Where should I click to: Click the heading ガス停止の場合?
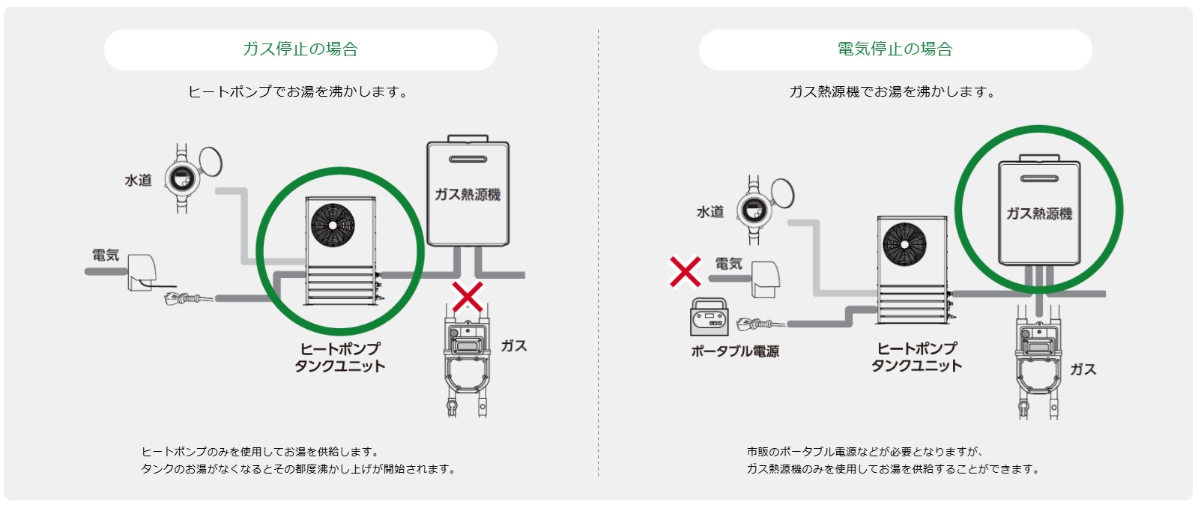pos(300,49)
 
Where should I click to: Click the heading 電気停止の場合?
pos(895,49)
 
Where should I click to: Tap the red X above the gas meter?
pos(468,297)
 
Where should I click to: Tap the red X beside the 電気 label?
pos(685,272)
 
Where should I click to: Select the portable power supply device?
pos(709,318)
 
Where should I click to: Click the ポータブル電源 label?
pos(734,351)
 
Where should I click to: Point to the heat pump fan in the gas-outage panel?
pos(333,225)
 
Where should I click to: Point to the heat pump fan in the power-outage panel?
pos(904,244)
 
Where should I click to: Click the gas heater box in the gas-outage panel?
pos(468,193)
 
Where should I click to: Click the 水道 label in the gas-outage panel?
pos(138,181)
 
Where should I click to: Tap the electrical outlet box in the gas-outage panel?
pos(142,273)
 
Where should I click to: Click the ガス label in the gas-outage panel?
pos(513,346)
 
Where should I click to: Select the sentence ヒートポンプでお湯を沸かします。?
pos(298,92)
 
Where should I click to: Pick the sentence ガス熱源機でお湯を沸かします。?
pos(892,92)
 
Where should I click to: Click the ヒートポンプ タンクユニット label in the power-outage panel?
pos(916,357)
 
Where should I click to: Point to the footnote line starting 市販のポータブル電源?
pos(865,452)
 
